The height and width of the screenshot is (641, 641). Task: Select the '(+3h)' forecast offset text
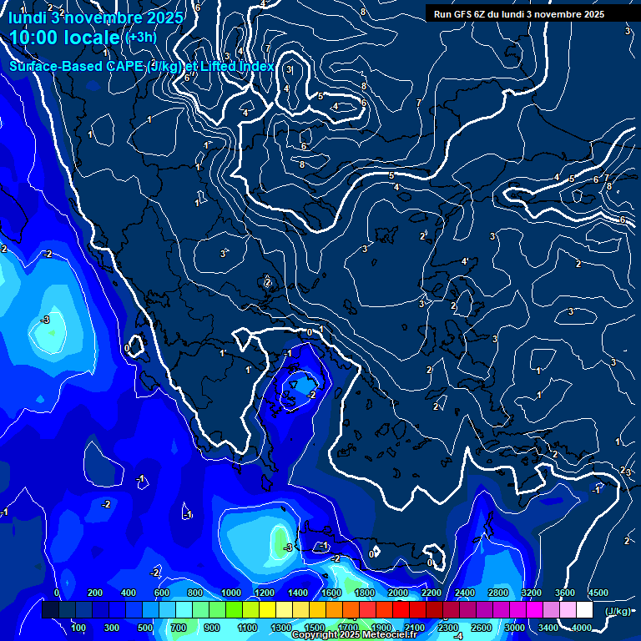click(x=139, y=37)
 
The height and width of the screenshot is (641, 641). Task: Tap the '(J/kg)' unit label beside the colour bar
click(x=617, y=611)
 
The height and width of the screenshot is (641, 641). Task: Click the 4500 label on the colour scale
click(x=598, y=593)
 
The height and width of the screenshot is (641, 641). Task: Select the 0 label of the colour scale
click(x=57, y=593)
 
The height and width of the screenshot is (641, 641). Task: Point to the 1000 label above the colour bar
click(x=230, y=593)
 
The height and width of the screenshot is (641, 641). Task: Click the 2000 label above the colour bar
click(x=397, y=593)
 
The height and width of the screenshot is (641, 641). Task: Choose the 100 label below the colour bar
click(x=79, y=628)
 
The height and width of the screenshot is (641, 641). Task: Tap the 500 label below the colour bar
click(x=146, y=628)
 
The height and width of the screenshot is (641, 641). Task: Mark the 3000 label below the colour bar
click(x=514, y=628)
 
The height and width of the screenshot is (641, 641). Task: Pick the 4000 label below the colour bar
click(x=581, y=628)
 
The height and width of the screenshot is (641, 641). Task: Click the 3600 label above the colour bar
click(x=564, y=593)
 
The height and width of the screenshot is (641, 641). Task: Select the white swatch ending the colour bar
click(x=584, y=610)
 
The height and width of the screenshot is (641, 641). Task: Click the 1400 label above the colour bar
click(x=297, y=593)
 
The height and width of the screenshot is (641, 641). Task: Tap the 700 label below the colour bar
click(x=179, y=628)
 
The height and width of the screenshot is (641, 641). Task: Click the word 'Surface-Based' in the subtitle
click(x=57, y=66)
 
